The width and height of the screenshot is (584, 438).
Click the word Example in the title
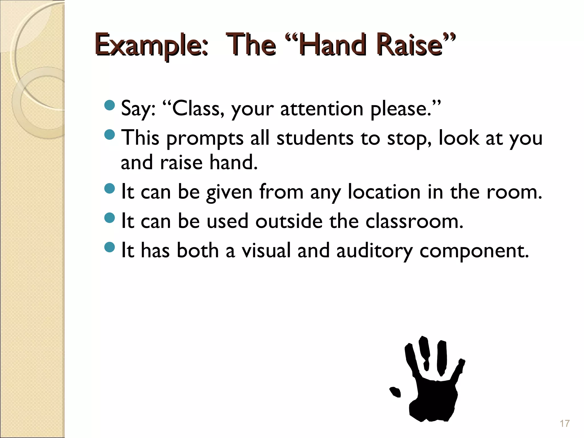[x=151, y=45]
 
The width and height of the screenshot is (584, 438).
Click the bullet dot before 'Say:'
[x=109, y=106]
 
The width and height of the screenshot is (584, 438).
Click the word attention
[x=321, y=109]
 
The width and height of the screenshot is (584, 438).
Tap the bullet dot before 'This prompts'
[x=109, y=135]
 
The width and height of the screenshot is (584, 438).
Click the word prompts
[x=205, y=138]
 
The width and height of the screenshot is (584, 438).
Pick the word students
[x=315, y=138]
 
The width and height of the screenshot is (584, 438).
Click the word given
[x=229, y=192]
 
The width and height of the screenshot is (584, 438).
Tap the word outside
[x=289, y=221]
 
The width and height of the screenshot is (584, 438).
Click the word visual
[x=266, y=250]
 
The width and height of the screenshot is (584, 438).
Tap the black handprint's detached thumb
[x=395, y=392]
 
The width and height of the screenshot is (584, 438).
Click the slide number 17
[x=565, y=423]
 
